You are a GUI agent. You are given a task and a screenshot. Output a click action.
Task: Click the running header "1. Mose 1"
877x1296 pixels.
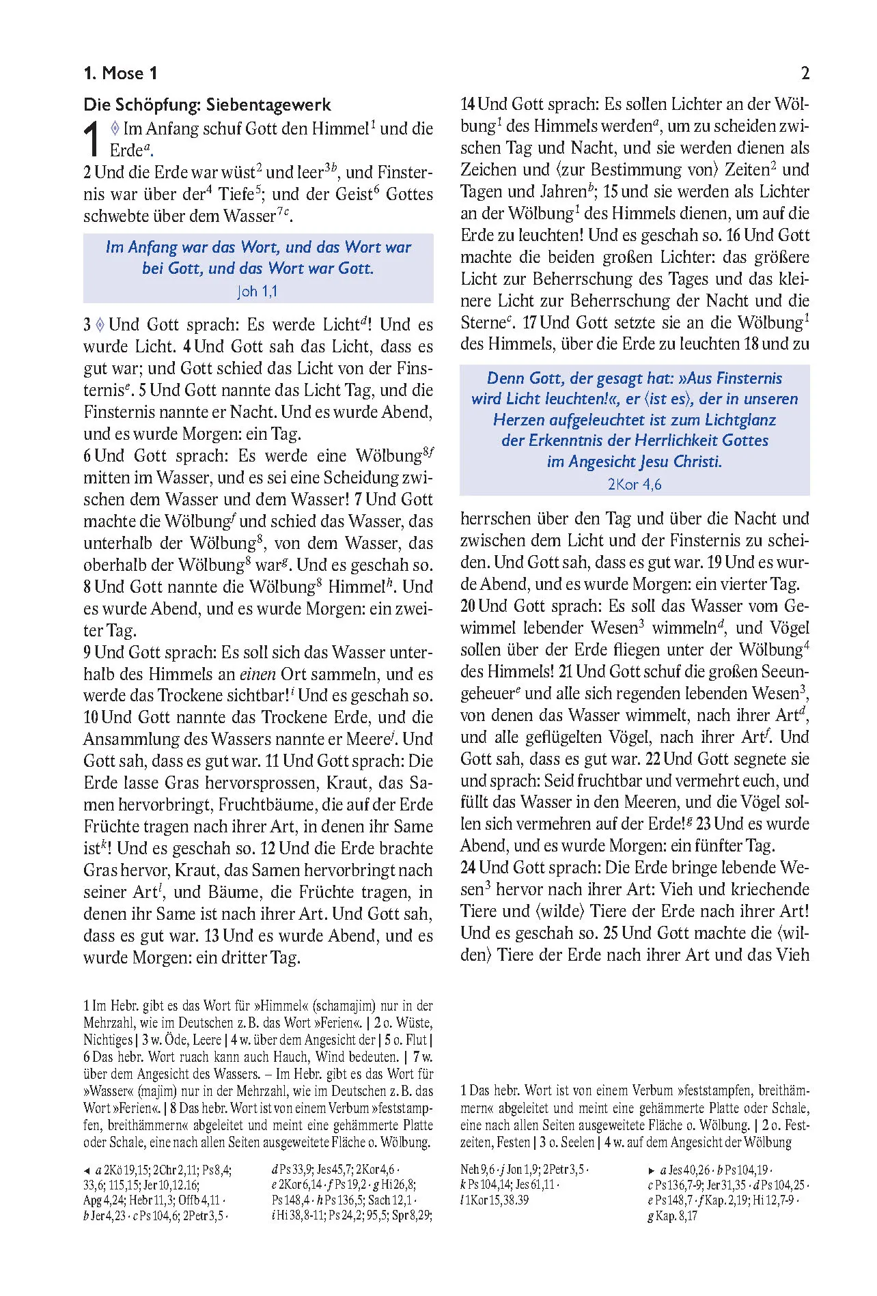120,73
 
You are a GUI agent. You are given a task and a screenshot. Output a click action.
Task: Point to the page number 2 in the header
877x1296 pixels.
805,73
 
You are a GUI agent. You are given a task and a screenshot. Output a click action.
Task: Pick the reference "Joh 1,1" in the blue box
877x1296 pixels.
257,292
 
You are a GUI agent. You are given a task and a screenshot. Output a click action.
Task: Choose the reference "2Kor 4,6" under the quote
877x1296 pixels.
635,484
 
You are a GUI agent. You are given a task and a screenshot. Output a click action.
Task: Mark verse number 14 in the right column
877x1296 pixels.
467,104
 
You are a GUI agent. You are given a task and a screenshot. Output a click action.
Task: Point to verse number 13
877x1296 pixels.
212,935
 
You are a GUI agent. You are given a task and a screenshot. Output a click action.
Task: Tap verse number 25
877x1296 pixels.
611,933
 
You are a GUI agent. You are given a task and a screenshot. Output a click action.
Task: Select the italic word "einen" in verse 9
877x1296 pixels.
257,674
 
